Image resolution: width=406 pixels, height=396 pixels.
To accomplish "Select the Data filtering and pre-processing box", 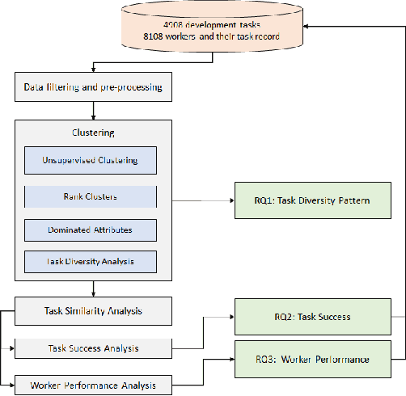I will tap(94, 86).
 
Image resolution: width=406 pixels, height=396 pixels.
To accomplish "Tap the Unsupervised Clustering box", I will tap(90, 160).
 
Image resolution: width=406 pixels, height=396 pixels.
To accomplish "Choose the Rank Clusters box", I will tap(90, 197).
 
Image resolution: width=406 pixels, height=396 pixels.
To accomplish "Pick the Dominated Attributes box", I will tap(90, 230).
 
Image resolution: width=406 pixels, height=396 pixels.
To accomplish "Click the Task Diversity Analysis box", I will tap(90, 261).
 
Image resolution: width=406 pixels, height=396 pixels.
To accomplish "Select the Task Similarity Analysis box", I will tap(94, 310).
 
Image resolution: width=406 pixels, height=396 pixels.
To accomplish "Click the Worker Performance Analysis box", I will tap(94, 384).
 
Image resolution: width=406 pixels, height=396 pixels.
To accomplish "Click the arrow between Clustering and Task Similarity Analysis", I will tap(94, 289).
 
